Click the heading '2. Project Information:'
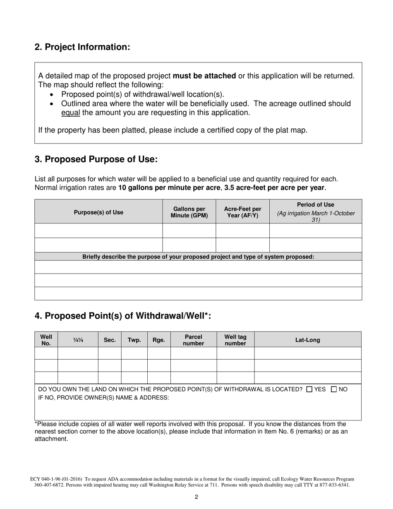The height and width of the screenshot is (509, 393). point(82,47)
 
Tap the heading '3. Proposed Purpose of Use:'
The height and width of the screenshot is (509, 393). point(96,159)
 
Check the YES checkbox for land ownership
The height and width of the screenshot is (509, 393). point(309,389)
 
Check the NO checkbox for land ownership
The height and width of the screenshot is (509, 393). point(335,389)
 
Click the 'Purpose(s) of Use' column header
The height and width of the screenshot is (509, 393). point(98,212)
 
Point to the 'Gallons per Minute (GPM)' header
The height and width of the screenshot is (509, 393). point(189,212)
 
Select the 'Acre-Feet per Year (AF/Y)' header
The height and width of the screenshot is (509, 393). point(242,212)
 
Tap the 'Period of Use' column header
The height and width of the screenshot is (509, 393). point(316,205)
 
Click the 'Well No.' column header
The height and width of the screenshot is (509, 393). point(46,340)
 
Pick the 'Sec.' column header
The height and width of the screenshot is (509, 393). point(110,340)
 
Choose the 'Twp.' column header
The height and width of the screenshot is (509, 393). point(134,340)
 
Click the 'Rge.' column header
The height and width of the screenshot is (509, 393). point(159,340)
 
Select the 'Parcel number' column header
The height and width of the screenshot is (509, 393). point(194,340)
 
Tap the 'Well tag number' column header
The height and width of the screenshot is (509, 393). point(235,340)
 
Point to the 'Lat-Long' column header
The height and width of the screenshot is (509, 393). point(307,340)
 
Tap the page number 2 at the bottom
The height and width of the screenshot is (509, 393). point(196,497)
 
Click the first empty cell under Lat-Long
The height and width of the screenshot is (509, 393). point(307,353)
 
